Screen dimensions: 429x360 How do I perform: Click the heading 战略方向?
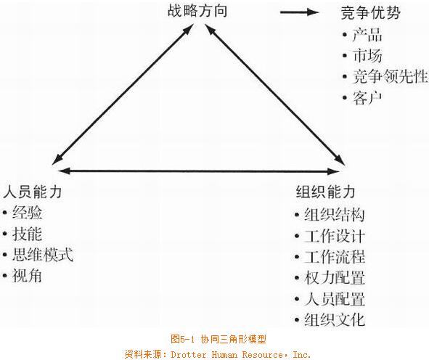click(x=197, y=11)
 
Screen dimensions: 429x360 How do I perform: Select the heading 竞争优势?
click(x=371, y=12)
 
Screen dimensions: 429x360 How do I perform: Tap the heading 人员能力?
click(x=32, y=192)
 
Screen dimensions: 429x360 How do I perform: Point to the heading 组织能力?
click(x=326, y=192)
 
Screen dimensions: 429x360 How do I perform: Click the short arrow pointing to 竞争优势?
click(x=300, y=12)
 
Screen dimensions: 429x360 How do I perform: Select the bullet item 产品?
click(x=367, y=35)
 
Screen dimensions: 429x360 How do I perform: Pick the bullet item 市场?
click(x=367, y=56)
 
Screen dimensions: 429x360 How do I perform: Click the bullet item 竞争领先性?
click(x=390, y=76)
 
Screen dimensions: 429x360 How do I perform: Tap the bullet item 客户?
click(x=367, y=97)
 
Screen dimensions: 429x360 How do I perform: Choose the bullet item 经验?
click(x=27, y=212)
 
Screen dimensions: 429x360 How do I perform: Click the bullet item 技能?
click(x=27, y=234)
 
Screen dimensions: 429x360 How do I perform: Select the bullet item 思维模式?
click(x=42, y=255)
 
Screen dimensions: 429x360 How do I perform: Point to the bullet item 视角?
click(x=27, y=275)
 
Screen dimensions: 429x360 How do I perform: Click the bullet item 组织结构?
click(x=335, y=214)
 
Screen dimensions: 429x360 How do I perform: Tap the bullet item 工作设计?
click(x=335, y=236)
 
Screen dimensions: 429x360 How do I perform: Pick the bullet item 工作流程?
click(x=335, y=257)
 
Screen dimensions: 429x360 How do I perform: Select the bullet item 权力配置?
click(x=335, y=278)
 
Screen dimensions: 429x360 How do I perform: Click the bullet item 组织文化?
click(x=335, y=319)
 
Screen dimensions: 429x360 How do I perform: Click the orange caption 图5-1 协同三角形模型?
click(x=218, y=339)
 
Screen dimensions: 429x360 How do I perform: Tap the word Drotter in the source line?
click(x=189, y=354)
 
